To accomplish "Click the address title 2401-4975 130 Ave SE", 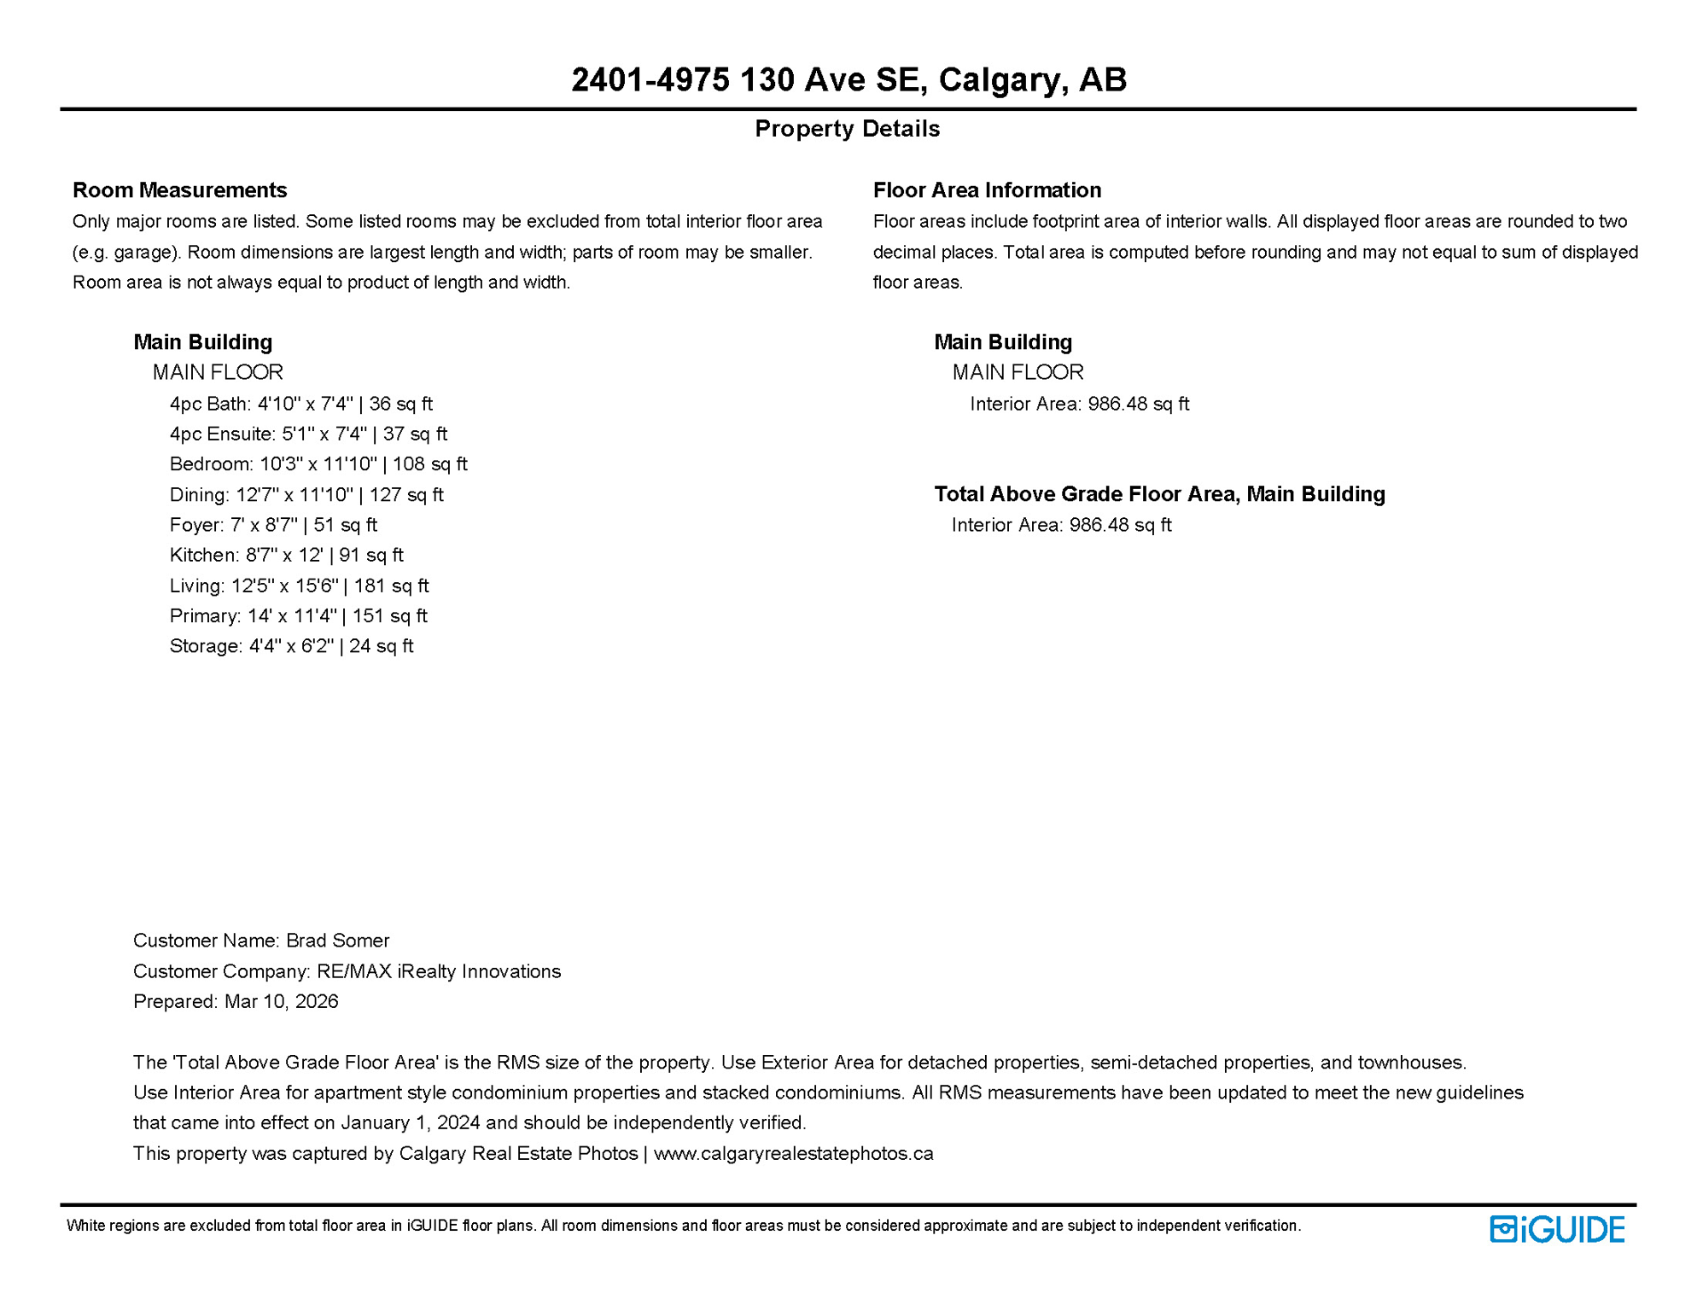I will [848, 79].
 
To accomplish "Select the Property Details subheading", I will [847, 129].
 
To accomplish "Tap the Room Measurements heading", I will [179, 189].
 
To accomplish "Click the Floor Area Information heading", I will [987, 189].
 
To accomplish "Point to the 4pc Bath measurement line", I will [300, 404].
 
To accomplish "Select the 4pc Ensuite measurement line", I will [308, 434].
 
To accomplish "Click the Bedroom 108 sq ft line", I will [318, 464].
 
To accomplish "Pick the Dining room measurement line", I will [306, 495].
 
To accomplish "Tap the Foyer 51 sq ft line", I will [273, 525].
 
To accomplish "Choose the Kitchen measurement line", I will [286, 555].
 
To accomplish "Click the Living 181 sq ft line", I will [299, 586].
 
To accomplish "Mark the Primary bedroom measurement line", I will [298, 615].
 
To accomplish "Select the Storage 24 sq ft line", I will [291, 646].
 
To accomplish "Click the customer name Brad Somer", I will [337, 941].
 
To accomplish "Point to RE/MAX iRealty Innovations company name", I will [439, 971].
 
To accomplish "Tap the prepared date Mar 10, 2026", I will [281, 1001].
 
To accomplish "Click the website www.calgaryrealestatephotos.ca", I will [793, 1154].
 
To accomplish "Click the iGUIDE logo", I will [1556, 1229].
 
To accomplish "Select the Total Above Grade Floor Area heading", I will [1159, 494].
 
